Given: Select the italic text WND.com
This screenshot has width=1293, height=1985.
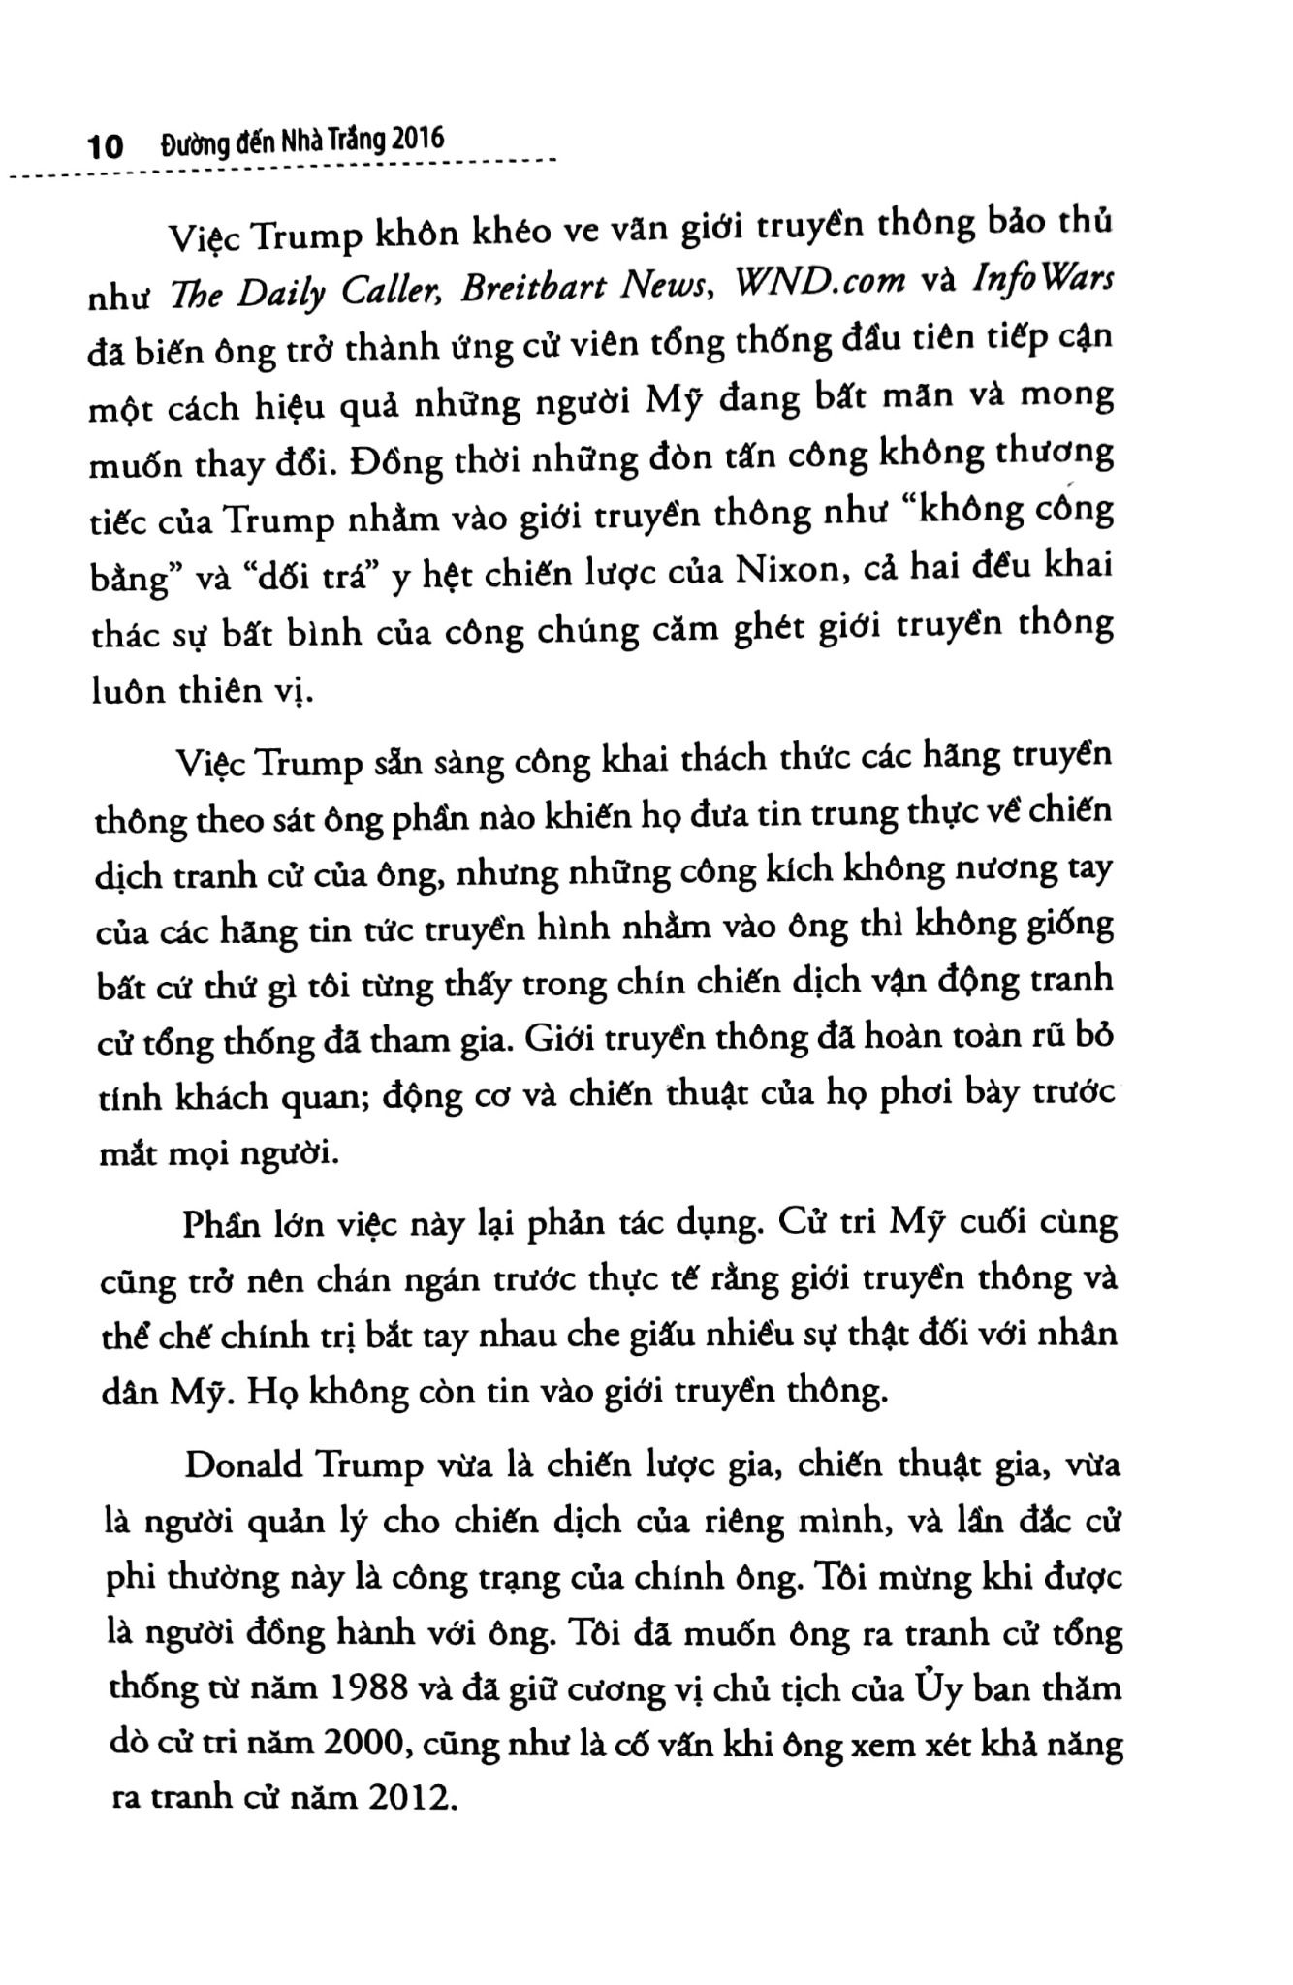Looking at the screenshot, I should [820, 281].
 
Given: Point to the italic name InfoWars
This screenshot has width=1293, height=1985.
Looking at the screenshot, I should [1053, 278].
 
